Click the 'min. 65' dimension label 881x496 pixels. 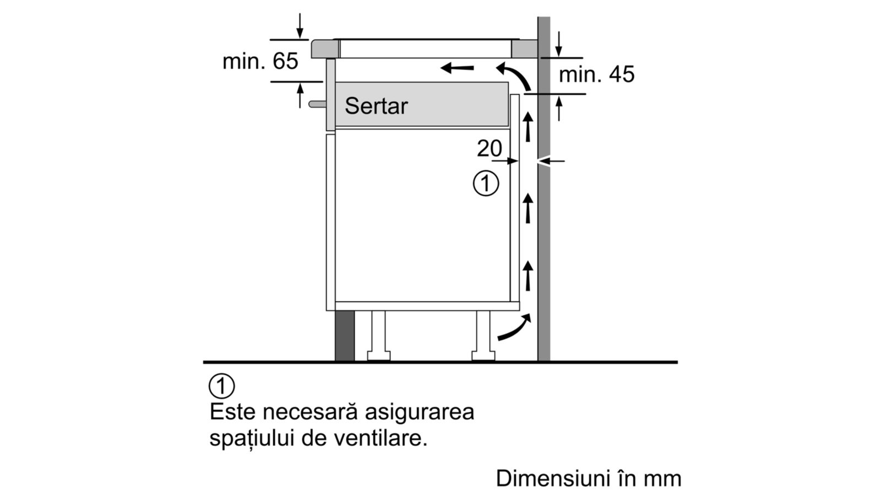click(260, 61)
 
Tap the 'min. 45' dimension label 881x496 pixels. click(597, 74)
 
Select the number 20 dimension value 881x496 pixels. click(490, 148)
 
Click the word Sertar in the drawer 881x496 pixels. click(377, 106)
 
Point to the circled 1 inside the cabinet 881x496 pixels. click(486, 184)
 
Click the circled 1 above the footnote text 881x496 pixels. click(222, 386)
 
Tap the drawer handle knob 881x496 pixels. click(317, 104)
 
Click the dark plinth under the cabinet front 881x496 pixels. click(345, 336)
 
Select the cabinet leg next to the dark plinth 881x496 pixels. click(378, 336)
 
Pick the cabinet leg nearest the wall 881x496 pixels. click(483, 336)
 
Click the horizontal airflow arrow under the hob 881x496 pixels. click(457, 68)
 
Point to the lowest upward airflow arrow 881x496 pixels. click(528, 276)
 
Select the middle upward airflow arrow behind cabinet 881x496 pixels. click(528, 208)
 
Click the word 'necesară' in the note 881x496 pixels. click(311, 412)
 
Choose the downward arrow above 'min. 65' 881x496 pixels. click(300, 26)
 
